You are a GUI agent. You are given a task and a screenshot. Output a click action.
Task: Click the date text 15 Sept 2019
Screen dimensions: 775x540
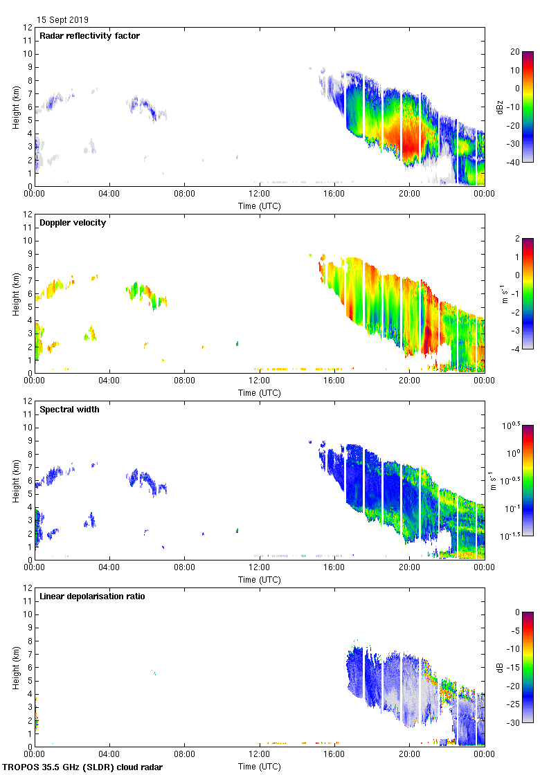tap(62, 20)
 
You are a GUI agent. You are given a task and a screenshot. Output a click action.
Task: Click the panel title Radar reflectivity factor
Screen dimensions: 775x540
tap(89, 36)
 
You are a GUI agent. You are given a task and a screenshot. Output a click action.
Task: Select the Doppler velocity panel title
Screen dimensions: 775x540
tap(73, 223)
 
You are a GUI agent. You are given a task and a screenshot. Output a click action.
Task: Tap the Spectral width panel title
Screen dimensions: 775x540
tap(69, 410)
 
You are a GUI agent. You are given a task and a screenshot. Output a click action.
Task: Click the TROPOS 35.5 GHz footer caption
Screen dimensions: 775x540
tap(83, 767)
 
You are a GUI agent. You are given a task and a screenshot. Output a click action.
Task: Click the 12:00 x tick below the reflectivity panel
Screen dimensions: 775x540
tap(260, 194)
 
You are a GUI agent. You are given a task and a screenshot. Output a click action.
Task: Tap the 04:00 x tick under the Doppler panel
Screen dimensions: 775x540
tap(109, 381)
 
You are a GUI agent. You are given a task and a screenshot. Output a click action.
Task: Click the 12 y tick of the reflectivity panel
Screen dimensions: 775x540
tap(28, 28)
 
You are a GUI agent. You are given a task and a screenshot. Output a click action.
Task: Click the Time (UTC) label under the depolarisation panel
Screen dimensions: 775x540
tap(260, 766)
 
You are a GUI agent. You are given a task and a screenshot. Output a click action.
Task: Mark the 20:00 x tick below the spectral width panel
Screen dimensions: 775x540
tap(409, 568)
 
